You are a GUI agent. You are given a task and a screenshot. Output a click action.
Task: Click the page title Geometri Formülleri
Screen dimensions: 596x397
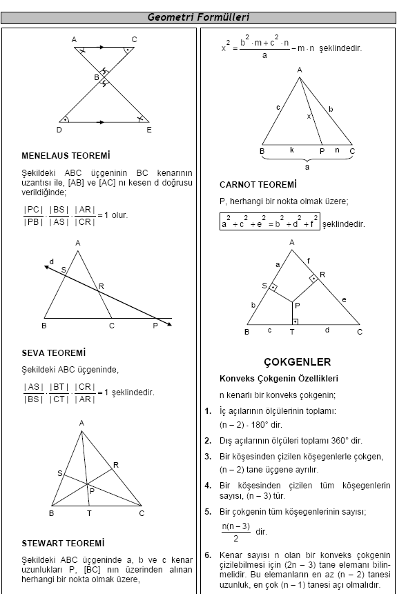pyautogui.click(x=198, y=17)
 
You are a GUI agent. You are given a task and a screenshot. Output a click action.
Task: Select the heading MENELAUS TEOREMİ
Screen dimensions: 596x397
pyautogui.click(x=66, y=156)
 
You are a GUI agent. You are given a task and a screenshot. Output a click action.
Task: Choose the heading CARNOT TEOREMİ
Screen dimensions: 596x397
pyautogui.click(x=258, y=185)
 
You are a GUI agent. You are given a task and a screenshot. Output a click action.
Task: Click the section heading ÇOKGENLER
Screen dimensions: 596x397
pyautogui.click(x=298, y=361)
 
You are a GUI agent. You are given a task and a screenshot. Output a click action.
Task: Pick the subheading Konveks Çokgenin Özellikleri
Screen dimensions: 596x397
pyautogui.click(x=278, y=379)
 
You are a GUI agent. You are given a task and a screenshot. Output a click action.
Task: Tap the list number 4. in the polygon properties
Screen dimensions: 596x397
pyautogui.click(x=208, y=485)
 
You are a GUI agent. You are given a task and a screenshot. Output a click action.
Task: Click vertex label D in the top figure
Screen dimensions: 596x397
pyautogui.click(x=59, y=129)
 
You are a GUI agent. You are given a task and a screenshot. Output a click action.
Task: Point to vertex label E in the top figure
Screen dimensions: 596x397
pyautogui.click(x=148, y=129)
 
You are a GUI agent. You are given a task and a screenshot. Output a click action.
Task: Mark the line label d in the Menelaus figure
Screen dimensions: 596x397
pyautogui.click(x=51, y=261)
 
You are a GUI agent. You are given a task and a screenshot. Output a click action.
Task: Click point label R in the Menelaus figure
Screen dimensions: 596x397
pyautogui.click(x=101, y=286)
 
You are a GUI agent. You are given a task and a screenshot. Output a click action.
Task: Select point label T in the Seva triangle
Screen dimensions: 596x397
pyautogui.click(x=89, y=513)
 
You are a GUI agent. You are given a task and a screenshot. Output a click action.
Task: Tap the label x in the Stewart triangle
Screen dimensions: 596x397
pyautogui.click(x=309, y=116)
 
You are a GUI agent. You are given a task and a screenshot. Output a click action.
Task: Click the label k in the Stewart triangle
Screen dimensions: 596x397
pyautogui.click(x=292, y=149)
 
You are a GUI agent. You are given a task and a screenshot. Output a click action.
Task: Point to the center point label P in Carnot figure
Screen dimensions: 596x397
pyautogui.click(x=297, y=305)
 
